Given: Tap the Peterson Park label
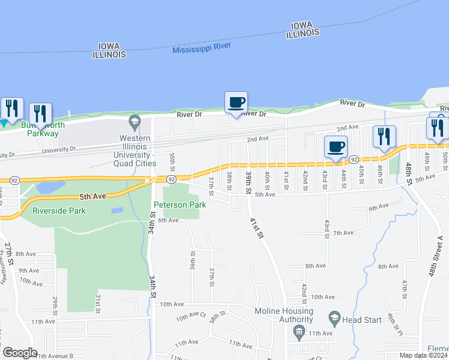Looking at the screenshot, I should [x=180, y=205].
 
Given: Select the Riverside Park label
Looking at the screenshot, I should [x=59, y=211].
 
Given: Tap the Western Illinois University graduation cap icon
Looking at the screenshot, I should [x=134, y=123].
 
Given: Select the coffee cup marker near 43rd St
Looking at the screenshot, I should [x=336, y=146].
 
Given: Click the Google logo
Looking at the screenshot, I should [x=20, y=353].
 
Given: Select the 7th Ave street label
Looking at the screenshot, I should [x=342, y=233].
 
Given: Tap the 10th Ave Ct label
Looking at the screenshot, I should [x=191, y=316].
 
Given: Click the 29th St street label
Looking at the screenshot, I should [x=55, y=305].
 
